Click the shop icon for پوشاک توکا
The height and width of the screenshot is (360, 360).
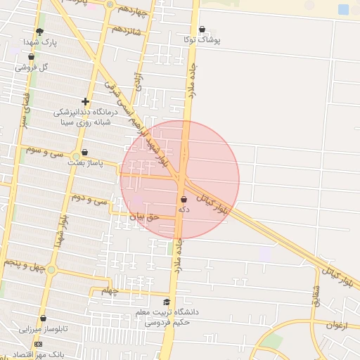(x=202, y=30)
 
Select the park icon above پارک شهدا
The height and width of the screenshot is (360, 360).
(x=39, y=32)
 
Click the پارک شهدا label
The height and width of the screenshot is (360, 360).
(x=39, y=42)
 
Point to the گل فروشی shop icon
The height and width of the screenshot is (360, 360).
(x=32, y=57)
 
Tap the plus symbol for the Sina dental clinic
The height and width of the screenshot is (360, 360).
(x=85, y=102)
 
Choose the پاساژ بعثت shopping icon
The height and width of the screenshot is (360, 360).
(x=84, y=152)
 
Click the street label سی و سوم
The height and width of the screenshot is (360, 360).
(x=44, y=150)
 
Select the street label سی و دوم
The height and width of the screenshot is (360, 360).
(x=91, y=200)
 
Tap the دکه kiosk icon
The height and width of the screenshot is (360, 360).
(x=184, y=200)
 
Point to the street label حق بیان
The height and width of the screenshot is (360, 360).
(x=145, y=217)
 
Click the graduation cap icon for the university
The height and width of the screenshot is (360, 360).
(x=167, y=302)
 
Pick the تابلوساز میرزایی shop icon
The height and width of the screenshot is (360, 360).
(x=43, y=319)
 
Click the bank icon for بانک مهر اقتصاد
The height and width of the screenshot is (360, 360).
(x=38, y=344)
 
